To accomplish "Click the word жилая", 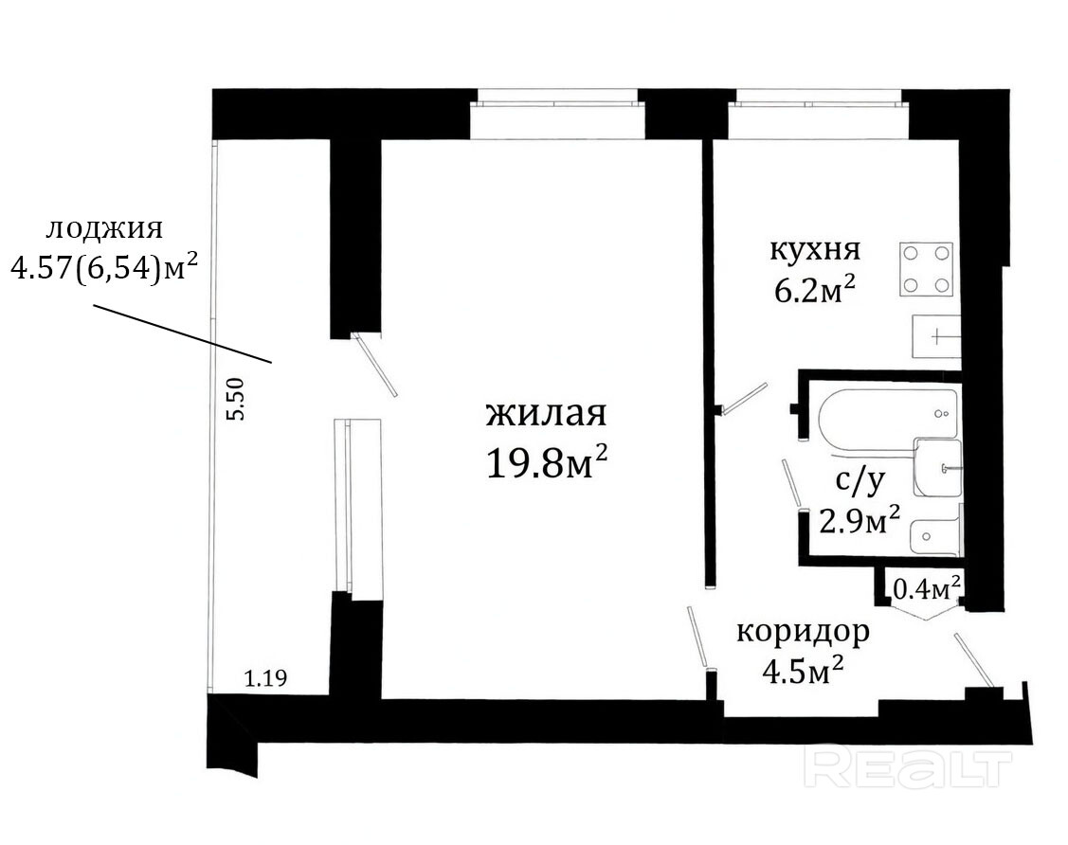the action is [546, 414].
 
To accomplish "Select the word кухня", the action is [815, 251].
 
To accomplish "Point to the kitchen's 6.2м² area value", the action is [815, 290].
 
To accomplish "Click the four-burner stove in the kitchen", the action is [926, 269].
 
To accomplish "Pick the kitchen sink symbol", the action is [936, 336].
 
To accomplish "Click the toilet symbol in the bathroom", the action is [934, 537].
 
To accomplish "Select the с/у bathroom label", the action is [860, 480].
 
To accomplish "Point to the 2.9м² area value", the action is [860, 522].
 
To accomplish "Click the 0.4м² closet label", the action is [927, 588].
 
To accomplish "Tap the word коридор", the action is [803, 633].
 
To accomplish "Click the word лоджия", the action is [104, 229].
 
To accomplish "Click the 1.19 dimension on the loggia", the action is [265, 678].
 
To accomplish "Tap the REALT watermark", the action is [908, 768].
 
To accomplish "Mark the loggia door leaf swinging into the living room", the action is [374, 365].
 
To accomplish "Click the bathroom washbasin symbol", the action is [938, 468].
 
